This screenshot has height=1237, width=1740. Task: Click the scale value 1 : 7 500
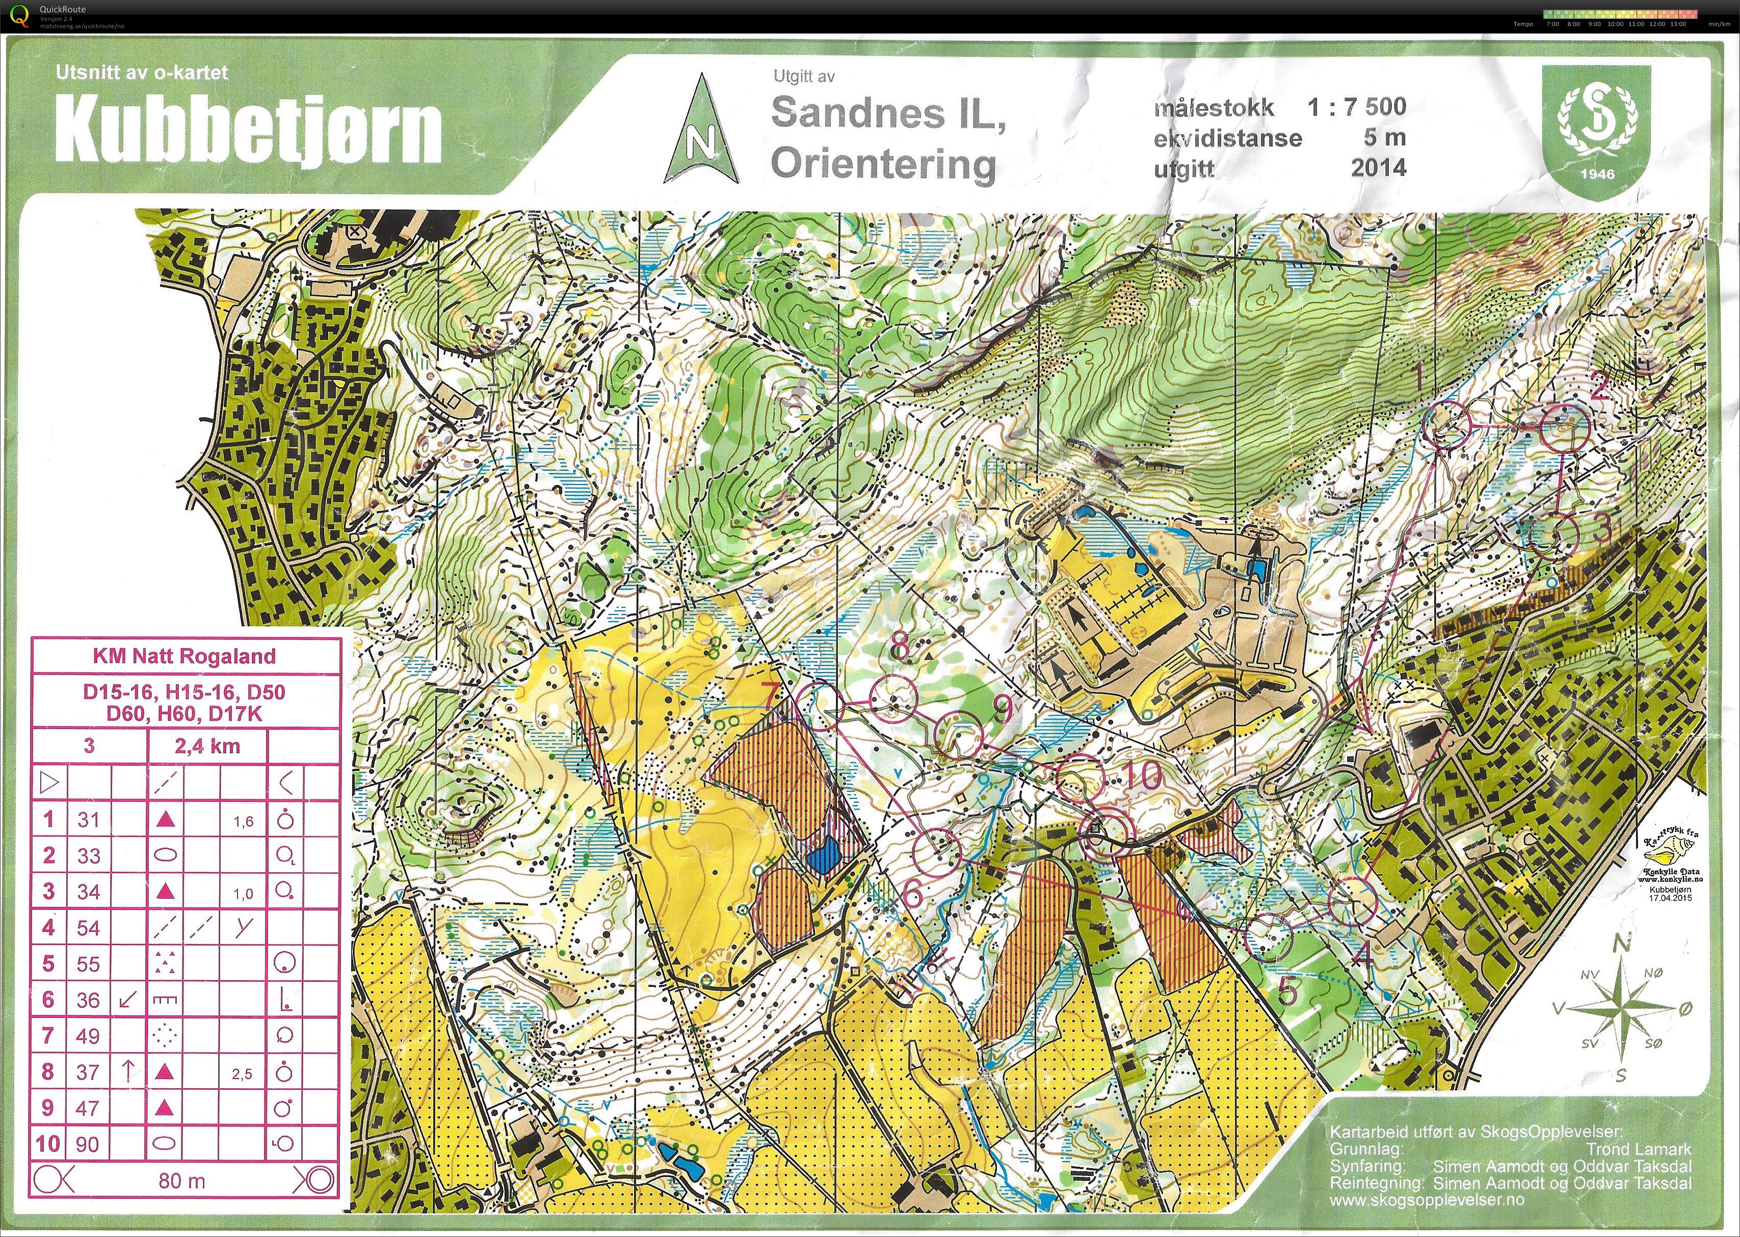click(x=1357, y=106)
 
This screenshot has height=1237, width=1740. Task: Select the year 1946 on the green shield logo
click(x=1597, y=174)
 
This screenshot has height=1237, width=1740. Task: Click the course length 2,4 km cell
click(x=207, y=746)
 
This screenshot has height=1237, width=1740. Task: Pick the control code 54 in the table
click(x=88, y=928)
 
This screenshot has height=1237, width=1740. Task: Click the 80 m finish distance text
click(x=182, y=1180)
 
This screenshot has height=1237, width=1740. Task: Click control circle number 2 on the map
click(x=1565, y=429)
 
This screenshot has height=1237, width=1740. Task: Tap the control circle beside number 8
click(x=893, y=697)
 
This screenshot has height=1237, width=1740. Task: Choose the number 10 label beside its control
click(x=1142, y=776)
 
